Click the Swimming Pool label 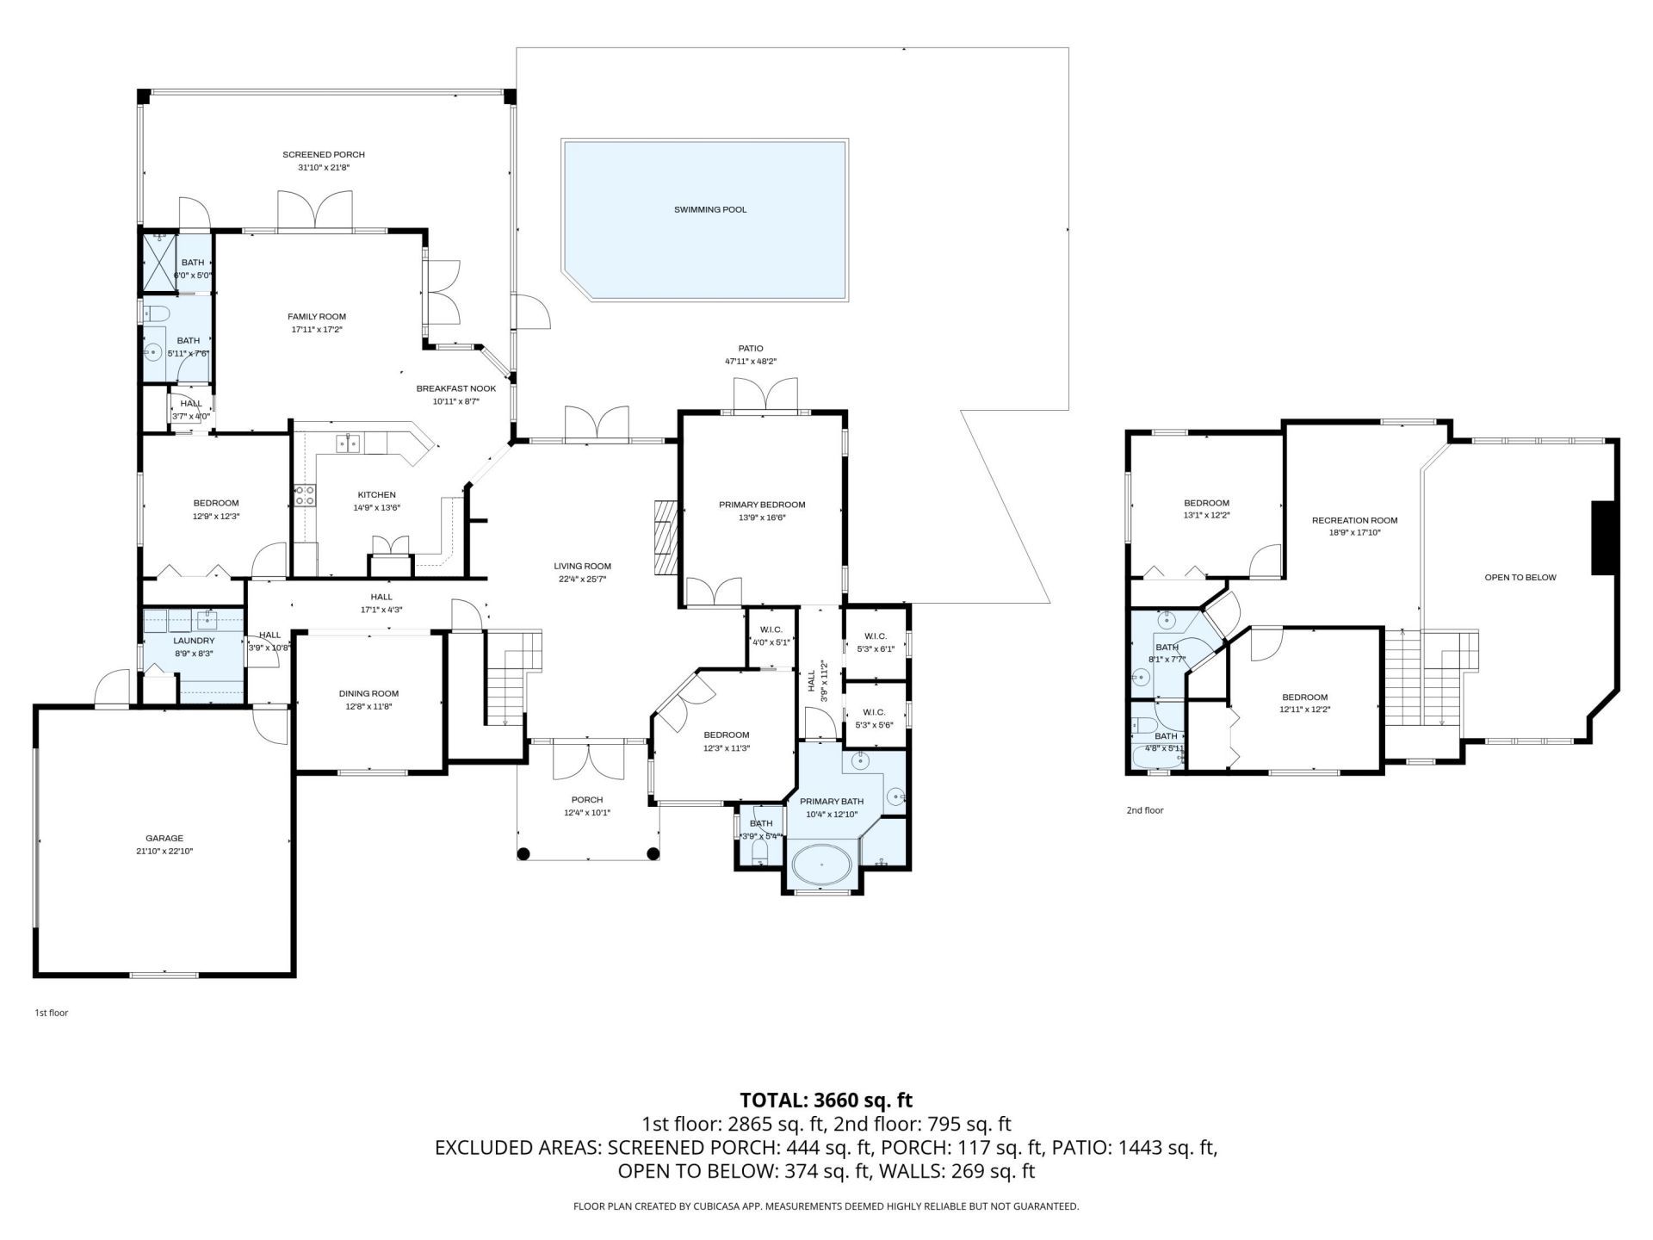pos(709,209)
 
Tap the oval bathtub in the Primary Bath pos(820,865)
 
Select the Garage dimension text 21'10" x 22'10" pos(164,851)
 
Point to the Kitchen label pos(376,495)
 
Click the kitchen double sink pos(349,443)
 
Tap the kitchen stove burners pos(305,495)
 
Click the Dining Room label pos(368,693)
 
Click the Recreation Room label pos(1354,520)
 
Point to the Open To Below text pos(1520,577)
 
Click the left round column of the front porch pos(523,853)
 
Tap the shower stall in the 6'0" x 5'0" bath pos(158,263)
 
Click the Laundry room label pos(194,641)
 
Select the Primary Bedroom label pos(762,505)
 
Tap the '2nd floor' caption pos(1144,810)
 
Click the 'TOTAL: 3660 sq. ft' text pos(826,1100)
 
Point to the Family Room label pos(317,317)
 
